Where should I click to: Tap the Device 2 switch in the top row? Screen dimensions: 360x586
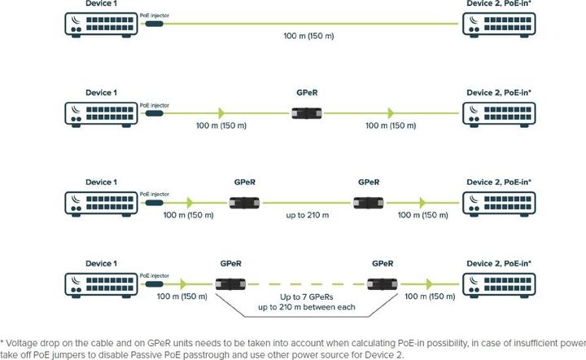pyautogui.click(x=498, y=24)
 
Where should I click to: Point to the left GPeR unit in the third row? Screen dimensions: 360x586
pyautogui.click(x=244, y=202)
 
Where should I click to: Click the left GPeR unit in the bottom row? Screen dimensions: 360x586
pyautogui.click(x=232, y=283)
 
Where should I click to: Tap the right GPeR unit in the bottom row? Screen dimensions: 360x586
pyautogui.click(x=383, y=283)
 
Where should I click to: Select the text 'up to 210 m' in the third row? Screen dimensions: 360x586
pyautogui.click(x=307, y=215)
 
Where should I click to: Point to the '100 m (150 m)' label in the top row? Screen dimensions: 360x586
pyautogui.click(x=308, y=37)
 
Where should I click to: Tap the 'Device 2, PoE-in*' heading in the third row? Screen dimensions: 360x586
pyautogui.click(x=498, y=182)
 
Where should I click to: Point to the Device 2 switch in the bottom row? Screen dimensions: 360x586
pyautogui.click(x=498, y=283)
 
